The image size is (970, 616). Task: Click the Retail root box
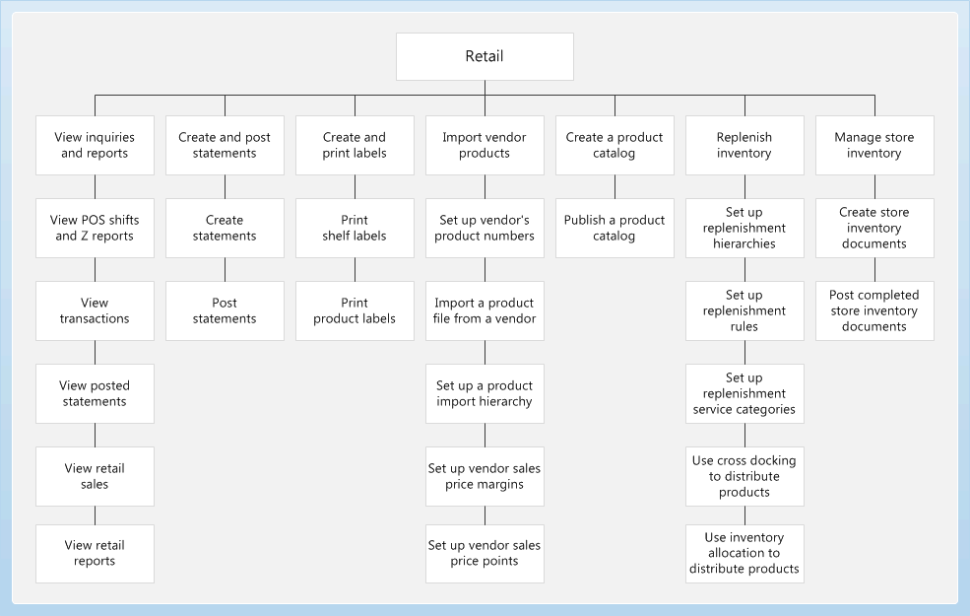(x=485, y=56)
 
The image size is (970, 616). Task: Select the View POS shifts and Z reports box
(x=95, y=228)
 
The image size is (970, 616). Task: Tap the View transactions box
(x=95, y=310)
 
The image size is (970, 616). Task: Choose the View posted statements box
(x=95, y=393)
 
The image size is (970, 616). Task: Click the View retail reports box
(x=95, y=553)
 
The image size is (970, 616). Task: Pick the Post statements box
(x=225, y=310)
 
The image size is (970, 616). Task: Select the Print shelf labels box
(x=355, y=228)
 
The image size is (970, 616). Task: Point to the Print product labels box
(x=355, y=310)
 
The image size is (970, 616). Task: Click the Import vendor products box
(x=485, y=145)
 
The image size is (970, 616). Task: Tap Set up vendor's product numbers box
(x=485, y=228)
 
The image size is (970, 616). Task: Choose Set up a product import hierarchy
(x=485, y=393)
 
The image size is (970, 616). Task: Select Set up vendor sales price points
(x=485, y=553)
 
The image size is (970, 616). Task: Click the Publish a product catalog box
(x=614, y=228)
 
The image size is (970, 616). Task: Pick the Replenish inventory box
(x=744, y=145)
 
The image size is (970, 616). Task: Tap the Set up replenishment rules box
(x=744, y=310)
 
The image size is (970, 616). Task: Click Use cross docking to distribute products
(x=744, y=476)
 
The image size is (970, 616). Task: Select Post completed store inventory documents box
(x=874, y=310)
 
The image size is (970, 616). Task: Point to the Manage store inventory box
(x=874, y=145)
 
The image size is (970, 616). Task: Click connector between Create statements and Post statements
(x=225, y=269)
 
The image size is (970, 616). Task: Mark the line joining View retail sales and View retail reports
(x=95, y=515)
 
